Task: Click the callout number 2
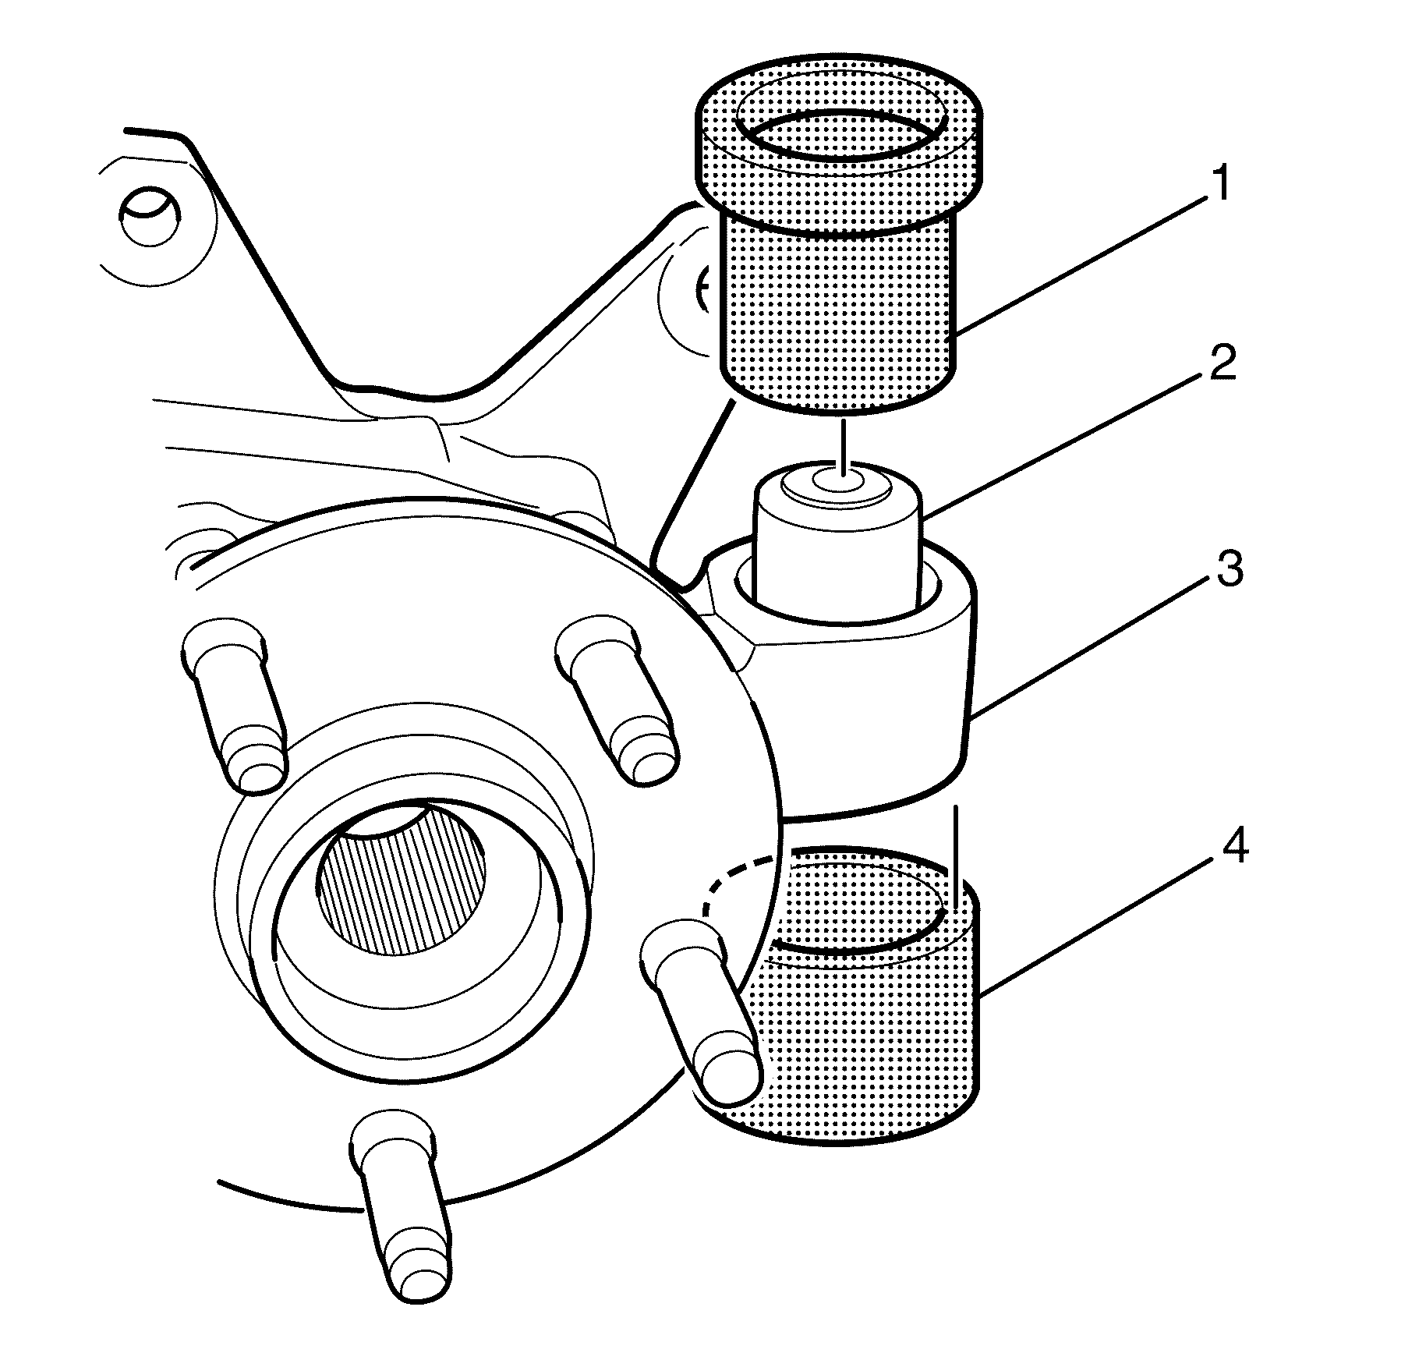pyautogui.click(x=1223, y=363)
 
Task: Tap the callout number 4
pyautogui.click(x=1232, y=846)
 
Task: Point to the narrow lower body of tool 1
pyautogui.click(x=838, y=312)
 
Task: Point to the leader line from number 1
pyautogui.click(x=1084, y=265)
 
